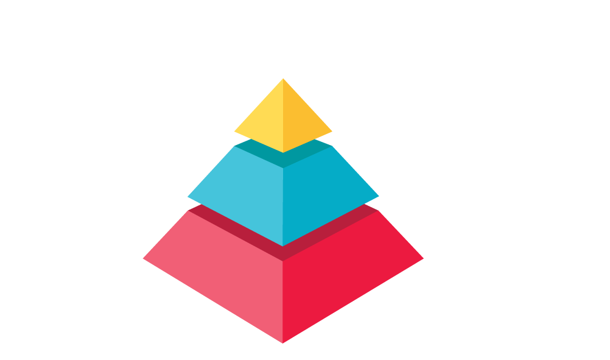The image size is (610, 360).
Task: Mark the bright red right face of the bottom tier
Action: (x=347, y=274)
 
